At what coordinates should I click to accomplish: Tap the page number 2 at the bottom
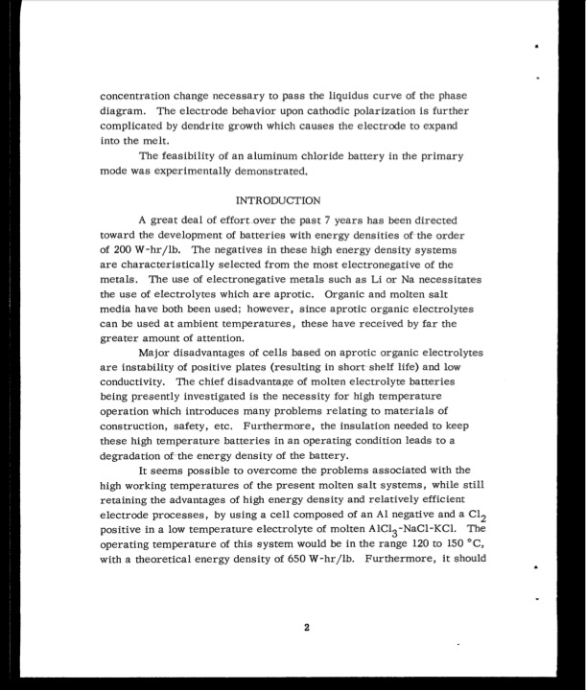[x=306, y=628]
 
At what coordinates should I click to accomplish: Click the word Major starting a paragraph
[x=156, y=353]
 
